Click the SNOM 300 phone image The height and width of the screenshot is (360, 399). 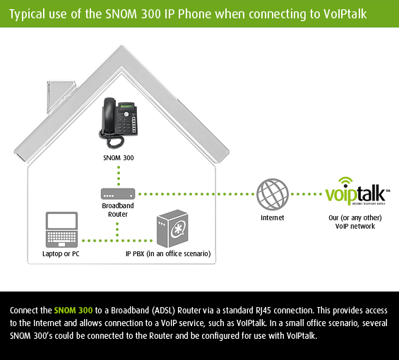pos(118,123)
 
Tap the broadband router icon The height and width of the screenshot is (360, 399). pos(118,194)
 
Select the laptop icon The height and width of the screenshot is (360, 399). pos(61,229)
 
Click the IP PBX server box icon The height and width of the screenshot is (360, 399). pos(172,229)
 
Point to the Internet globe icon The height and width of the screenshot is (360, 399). pos(273,194)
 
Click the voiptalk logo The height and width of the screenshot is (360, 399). pos(357,191)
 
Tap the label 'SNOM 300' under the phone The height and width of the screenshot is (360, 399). pos(119,158)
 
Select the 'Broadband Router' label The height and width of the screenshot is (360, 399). pos(118,210)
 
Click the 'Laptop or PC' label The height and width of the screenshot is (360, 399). pos(61,254)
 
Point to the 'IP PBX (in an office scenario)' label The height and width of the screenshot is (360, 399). pos(168,254)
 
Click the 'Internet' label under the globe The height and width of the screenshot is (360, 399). pos(273,218)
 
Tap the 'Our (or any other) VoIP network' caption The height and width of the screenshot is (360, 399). pos(355,222)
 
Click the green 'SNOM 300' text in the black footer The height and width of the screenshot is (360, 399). pos(73,311)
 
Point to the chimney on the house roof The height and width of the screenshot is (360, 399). pos(60,97)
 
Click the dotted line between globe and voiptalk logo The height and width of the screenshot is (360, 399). pos(306,194)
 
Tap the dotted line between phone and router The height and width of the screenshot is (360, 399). pos(119,176)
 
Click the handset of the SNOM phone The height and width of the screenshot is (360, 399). pos(109,115)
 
